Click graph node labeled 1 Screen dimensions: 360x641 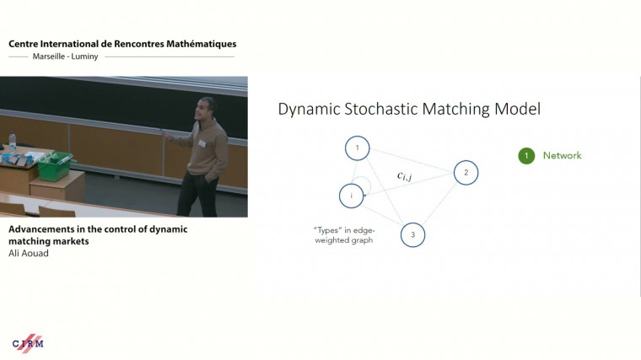click(357, 148)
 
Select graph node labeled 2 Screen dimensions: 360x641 click(466, 173)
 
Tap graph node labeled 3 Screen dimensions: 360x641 click(412, 234)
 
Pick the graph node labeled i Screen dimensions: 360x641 click(351, 196)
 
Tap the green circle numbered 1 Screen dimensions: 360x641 click(526, 156)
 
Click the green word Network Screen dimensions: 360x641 click(562, 156)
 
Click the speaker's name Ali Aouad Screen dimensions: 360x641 click(29, 252)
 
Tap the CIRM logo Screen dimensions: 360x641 click(28, 343)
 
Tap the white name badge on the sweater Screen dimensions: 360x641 click(201, 143)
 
